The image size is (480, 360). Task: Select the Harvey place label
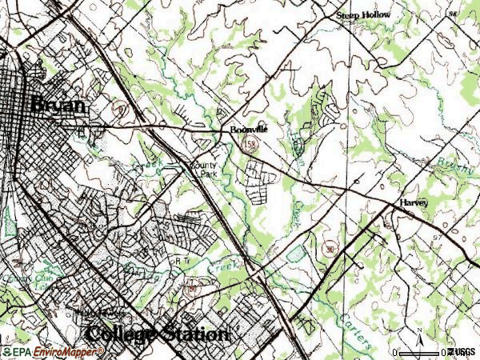(414, 203)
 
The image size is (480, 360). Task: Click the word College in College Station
(119, 334)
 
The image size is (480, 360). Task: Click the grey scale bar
(419, 352)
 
